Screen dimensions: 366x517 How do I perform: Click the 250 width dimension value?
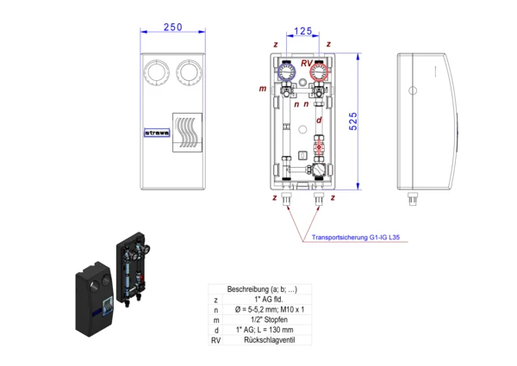click(172, 28)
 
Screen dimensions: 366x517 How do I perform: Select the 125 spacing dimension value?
click(302, 32)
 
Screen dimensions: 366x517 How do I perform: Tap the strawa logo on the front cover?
click(156, 133)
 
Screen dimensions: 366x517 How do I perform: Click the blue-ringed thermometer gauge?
click(287, 70)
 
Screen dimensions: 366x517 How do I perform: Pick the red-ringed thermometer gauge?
click(320, 70)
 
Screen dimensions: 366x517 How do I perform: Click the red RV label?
click(307, 63)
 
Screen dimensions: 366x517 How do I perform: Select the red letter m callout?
click(263, 89)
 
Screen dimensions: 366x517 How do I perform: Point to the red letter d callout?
click(319, 120)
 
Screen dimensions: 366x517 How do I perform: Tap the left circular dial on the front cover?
click(158, 71)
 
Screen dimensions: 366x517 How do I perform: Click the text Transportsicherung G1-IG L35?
click(360, 240)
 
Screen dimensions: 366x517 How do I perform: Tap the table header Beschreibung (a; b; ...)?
click(260, 289)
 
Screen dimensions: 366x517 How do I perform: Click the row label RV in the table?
click(215, 340)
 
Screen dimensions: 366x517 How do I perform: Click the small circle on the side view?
click(415, 89)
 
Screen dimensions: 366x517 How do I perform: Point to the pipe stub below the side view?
click(413, 198)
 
